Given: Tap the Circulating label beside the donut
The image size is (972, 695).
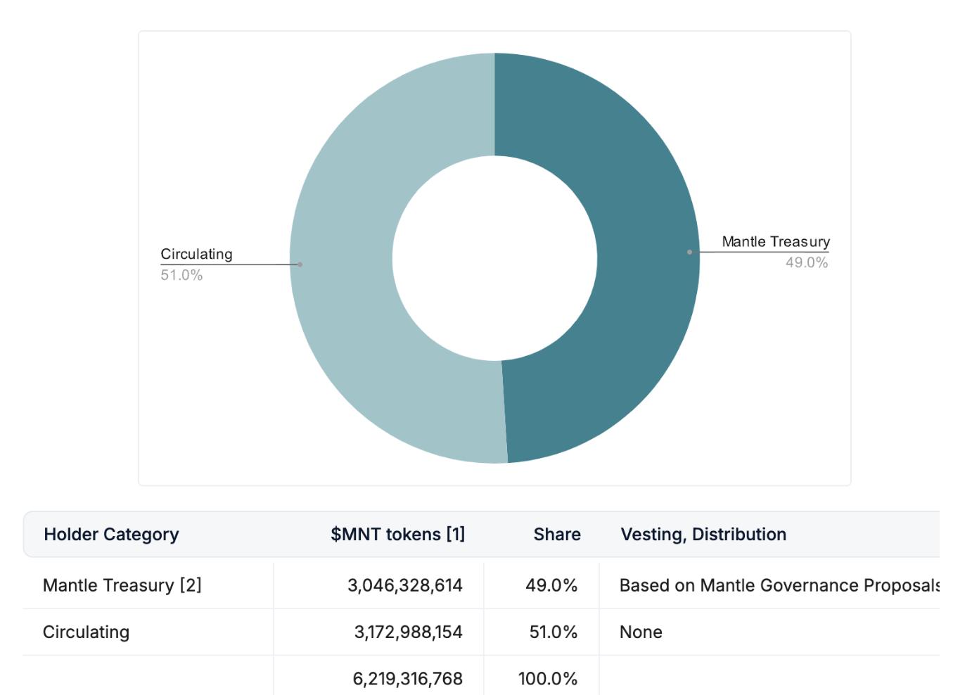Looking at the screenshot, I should click(196, 254).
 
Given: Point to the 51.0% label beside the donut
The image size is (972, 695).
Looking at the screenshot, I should click(181, 275).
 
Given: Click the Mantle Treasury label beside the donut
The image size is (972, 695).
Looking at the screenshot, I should click(776, 241).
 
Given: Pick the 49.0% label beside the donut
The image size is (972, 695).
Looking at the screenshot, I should click(807, 262).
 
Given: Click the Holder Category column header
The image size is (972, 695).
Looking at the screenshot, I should click(111, 535).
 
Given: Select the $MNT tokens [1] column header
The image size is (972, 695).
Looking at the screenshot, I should click(397, 535).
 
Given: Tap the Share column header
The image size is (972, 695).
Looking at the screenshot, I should click(557, 535).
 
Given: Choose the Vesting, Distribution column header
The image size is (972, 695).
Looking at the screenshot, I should click(703, 535).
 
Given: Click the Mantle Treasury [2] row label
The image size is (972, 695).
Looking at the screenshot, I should click(122, 585).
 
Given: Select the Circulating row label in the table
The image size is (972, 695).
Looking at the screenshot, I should click(86, 632).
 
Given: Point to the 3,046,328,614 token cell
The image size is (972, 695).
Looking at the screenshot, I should click(405, 585).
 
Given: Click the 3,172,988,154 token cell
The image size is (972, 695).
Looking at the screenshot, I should click(408, 632).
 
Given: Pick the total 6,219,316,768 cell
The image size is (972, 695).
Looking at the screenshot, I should click(408, 679).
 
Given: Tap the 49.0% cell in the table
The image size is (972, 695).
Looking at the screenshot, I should click(551, 585).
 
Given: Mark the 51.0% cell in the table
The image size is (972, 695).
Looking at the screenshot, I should click(554, 632).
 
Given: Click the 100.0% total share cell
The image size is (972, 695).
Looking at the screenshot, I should click(548, 679).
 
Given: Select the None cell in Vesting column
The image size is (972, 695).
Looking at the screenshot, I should click(641, 632).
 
